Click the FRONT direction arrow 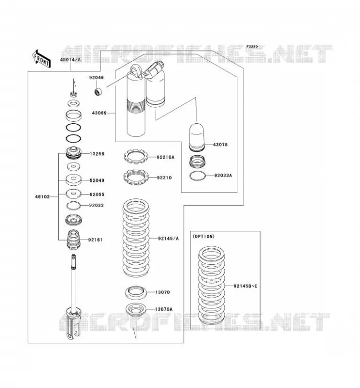[41, 59]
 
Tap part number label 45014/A [70, 59]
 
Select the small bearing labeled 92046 [99, 92]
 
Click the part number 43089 [99, 113]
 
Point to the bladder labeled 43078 [197, 137]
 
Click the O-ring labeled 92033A [197, 176]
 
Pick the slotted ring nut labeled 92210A [136, 156]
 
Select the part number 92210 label [164, 178]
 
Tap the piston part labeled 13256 [74, 153]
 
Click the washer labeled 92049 [74, 180]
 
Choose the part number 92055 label [97, 194]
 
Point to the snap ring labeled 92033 [74, 205]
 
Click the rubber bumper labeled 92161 [74, 240]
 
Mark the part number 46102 [42, 197]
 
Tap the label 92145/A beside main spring [168, 239]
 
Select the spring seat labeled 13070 [136, 293]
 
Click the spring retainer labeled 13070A [136, 309]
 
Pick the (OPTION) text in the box [203, 236]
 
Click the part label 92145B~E [245, 286]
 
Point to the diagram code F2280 [252, 47]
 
